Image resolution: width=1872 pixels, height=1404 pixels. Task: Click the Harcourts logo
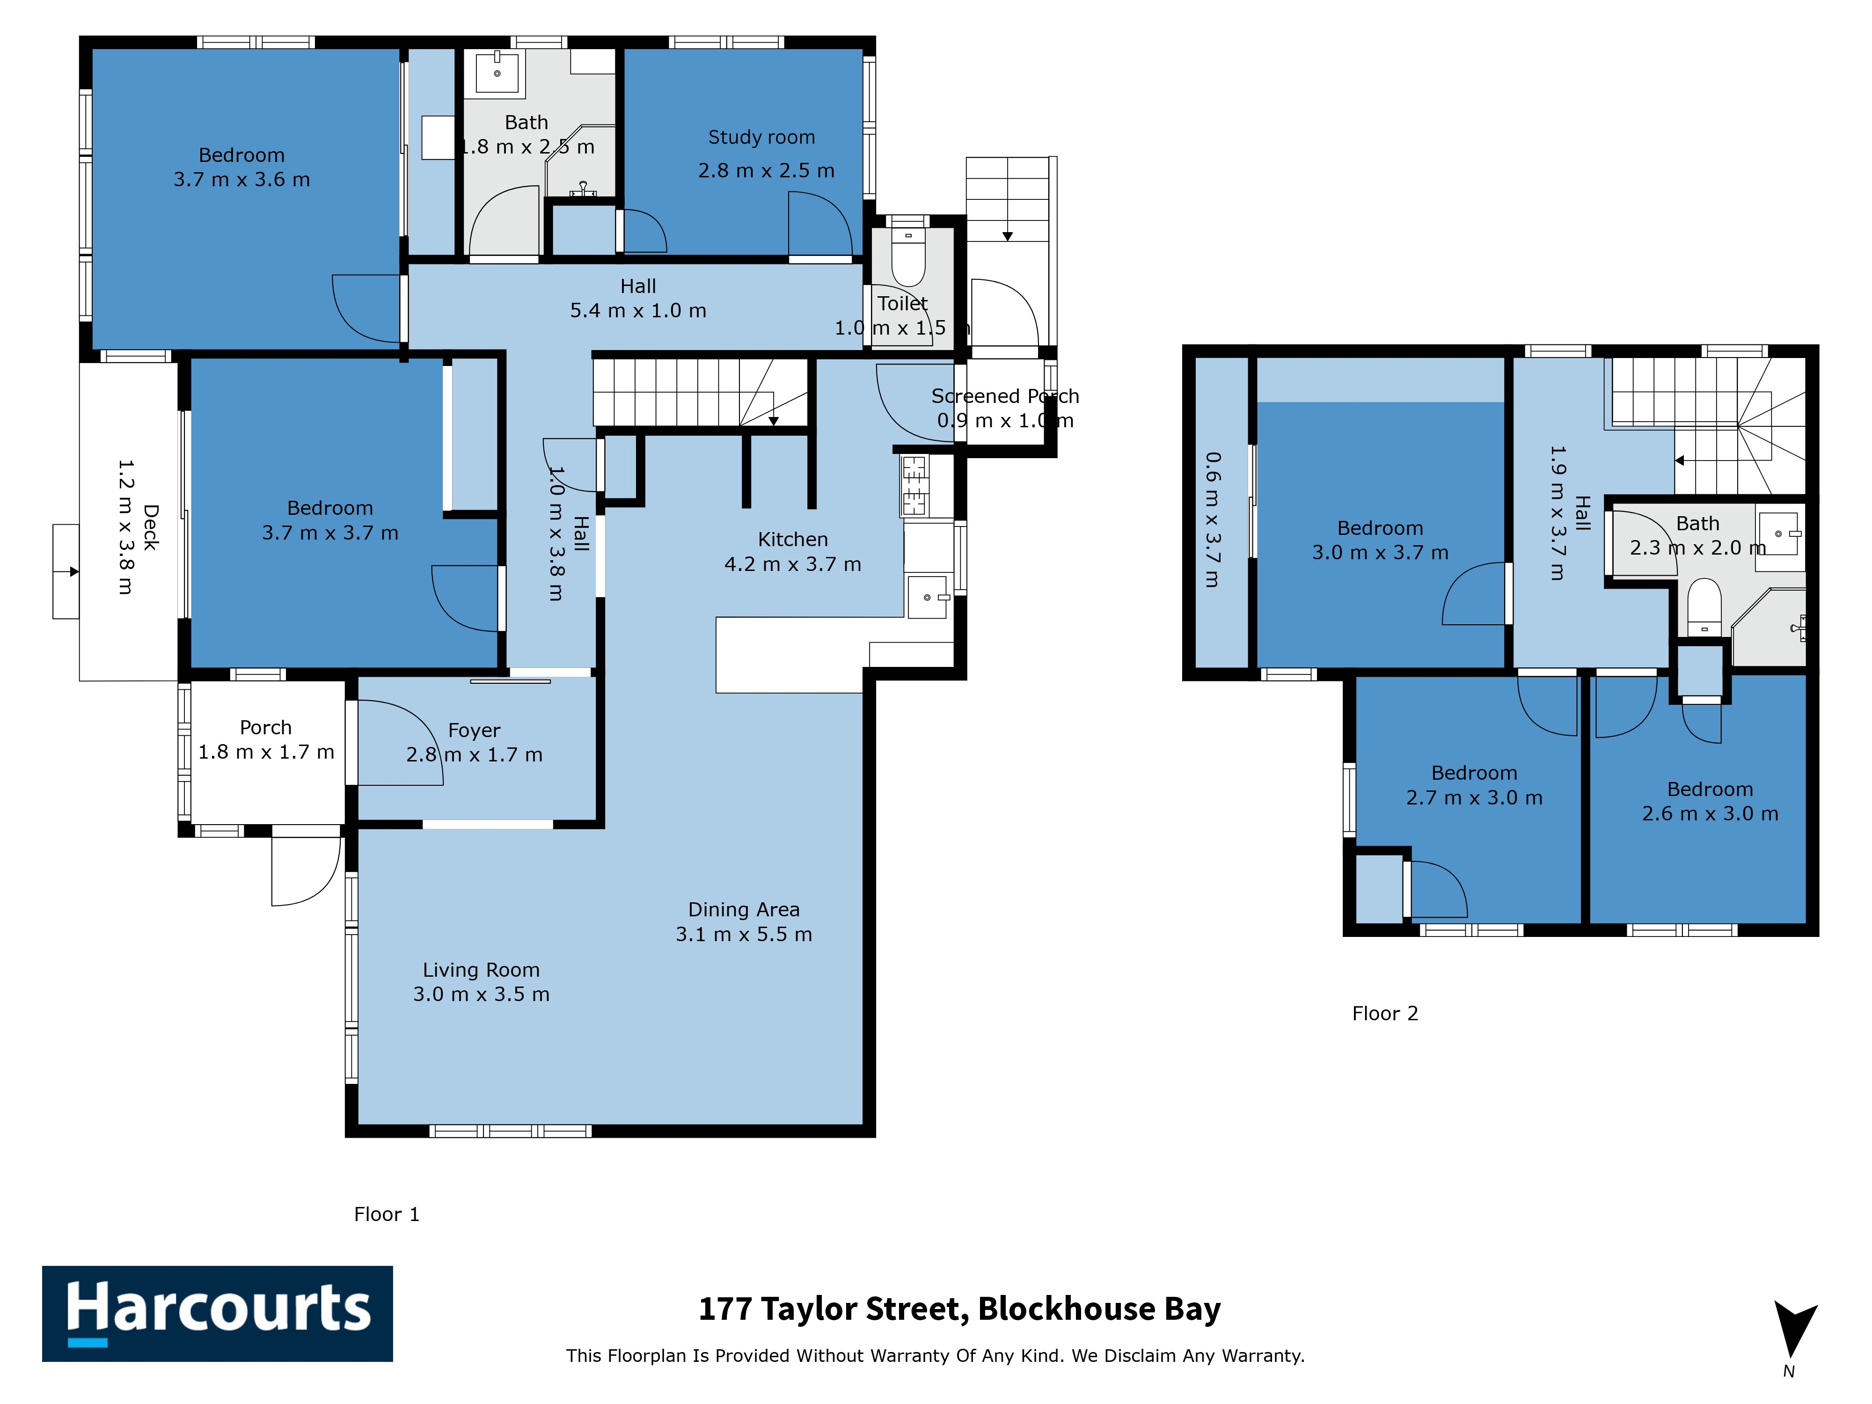click(218, 1314)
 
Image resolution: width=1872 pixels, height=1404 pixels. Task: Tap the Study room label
click(761, 137)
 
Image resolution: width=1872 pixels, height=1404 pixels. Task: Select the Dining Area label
click(744, 910)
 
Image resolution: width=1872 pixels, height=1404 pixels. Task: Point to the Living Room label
click(481, 970)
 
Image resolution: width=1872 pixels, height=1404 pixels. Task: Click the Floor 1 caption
click(387, 1214)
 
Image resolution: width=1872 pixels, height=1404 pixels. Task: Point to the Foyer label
click(474, 731)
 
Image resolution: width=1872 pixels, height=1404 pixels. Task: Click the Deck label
click(151, 528)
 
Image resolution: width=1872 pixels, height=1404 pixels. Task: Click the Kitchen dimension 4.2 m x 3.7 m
click(793, 563)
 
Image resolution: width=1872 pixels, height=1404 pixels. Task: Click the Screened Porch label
click(1005, 396)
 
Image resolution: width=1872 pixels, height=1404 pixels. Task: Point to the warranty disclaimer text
click(935, 1356)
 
